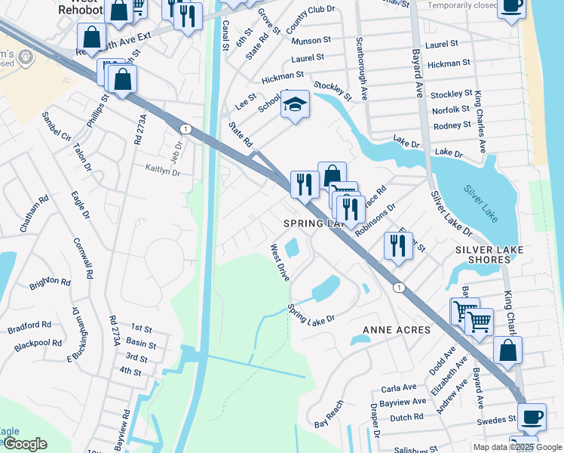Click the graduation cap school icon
click(x=296, y=105)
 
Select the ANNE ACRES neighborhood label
click(x=397, y=330)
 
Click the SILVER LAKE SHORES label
click(x=483, y=254)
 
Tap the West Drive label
click(x=280, y=262)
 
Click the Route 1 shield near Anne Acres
click(x=399, y=287)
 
